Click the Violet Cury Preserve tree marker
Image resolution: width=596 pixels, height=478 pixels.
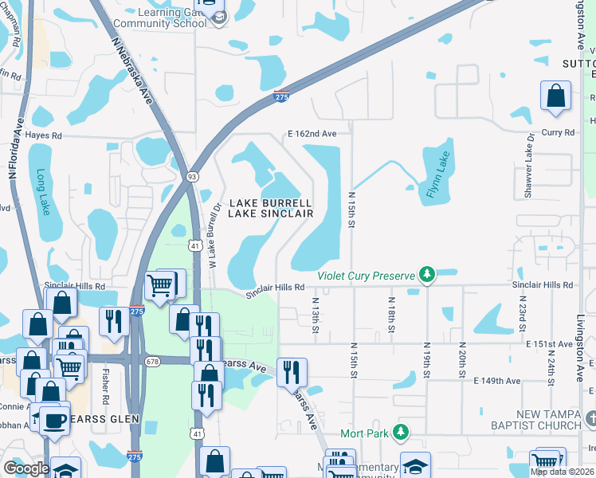click(428, 275)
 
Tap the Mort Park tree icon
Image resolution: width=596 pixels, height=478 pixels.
click(400, 433)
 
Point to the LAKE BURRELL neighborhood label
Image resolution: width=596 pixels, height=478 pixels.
click(270, 203)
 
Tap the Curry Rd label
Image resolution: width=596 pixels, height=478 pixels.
click(558, 133)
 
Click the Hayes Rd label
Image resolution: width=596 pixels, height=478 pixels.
click(43, 135)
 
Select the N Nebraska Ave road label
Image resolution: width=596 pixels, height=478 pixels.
click(132, 69)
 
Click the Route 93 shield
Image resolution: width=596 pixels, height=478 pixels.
click(192, 176)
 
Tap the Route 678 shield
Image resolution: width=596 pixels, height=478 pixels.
click(152, 361)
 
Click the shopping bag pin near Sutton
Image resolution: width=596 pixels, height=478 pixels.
click(555, 96)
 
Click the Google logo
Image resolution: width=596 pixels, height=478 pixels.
click(26, 468)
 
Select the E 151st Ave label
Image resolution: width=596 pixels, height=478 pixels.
click(551, 343)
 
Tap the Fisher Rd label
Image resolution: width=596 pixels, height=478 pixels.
click(104, 386)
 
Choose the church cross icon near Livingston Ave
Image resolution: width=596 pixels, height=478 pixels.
click(590, 417)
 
